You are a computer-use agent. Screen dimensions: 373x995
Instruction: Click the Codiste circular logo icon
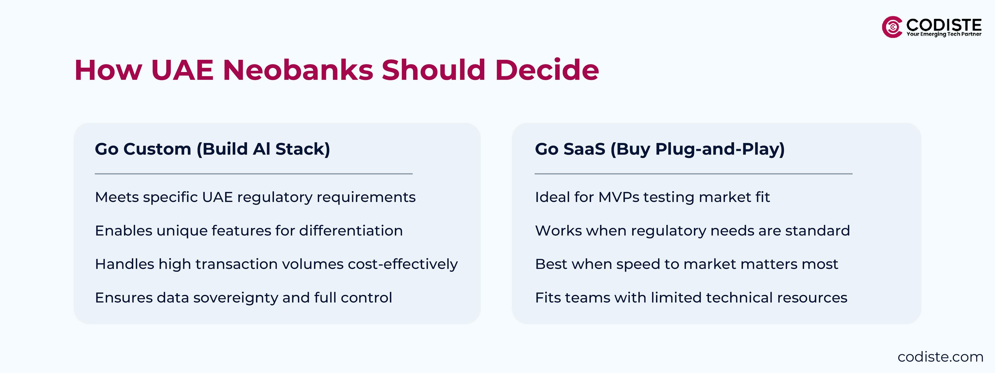click(x=892, y=27)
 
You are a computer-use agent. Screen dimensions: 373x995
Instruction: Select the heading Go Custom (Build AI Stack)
click(x=212, y=149)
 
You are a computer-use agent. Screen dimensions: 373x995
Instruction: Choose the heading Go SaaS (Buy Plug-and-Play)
click(x=660, y=149)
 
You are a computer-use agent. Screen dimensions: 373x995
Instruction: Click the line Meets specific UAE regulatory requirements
click(x=255, y=197)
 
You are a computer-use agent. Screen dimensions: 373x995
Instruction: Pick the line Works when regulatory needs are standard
click(x=692, y=231)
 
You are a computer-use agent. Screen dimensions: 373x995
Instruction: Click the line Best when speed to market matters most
click(x=686, y=264)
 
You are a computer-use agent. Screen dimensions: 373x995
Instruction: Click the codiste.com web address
click(x=940, y=357)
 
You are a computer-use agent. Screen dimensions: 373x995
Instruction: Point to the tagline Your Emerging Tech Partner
click(x=944, y=34)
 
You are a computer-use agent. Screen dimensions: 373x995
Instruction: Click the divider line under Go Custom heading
click(x=254, y=174)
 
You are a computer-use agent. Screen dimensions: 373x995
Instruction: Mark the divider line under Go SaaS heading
click(x=693, y=174)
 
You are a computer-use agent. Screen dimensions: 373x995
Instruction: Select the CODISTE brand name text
click(x=944, y=25)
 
